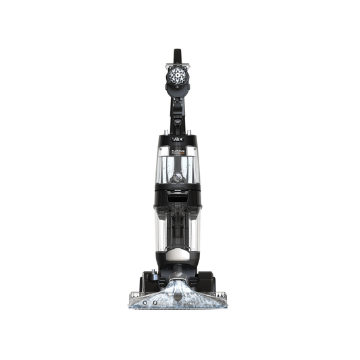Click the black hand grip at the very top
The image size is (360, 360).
[177, 55]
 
